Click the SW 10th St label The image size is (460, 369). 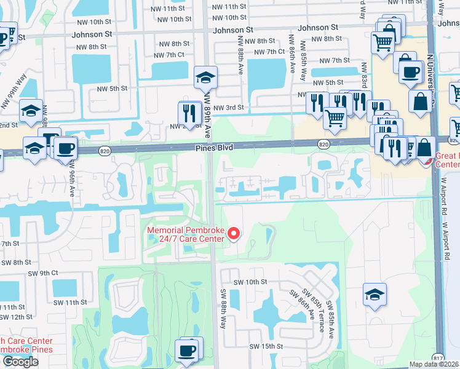tap(250, 282)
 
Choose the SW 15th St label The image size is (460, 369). tap(266, 346)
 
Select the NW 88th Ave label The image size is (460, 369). tap(240, 55)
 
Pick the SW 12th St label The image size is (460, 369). tap(17, 317)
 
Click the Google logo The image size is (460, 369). tap(20, 362)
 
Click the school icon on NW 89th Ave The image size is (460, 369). tap(205, 77)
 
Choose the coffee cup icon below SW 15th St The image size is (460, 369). tap(187, 351)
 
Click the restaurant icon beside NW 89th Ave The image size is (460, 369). tap(189, 113)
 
